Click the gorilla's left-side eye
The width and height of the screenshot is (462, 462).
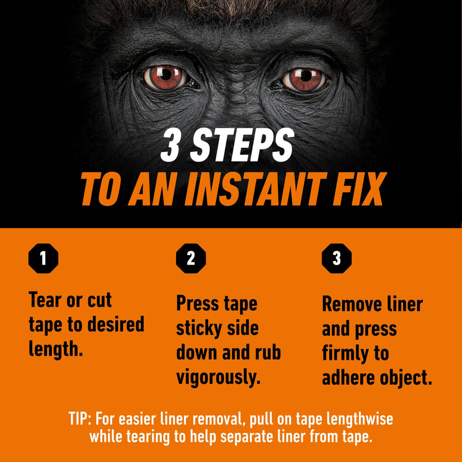pos(166,77)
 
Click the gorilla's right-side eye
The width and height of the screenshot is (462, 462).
pos(304,79)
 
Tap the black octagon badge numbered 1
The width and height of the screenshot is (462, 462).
pos(43,258)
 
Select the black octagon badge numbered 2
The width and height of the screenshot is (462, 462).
pos(191,258)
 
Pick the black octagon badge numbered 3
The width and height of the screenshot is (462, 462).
pos(337,258)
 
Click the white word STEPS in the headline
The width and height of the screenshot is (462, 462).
pos(242,145)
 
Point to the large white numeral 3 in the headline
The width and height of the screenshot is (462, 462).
pos(170,145)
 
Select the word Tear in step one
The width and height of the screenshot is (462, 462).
pos(44,300)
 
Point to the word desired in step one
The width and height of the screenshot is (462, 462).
pos(116,325)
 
